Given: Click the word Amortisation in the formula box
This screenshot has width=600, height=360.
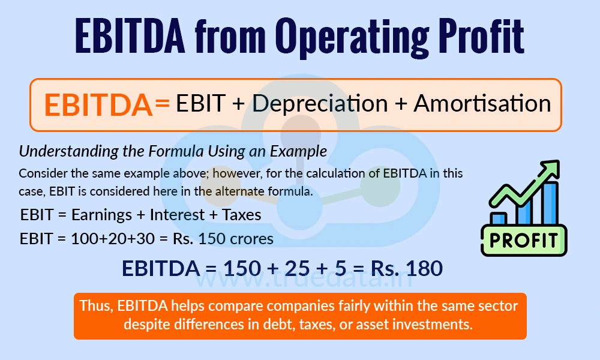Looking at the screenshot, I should click(x=482, y=104).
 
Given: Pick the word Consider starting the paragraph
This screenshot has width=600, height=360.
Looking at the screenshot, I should click(x=42, y=173).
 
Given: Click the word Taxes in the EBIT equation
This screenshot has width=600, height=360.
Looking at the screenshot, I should click(x=241, y=214).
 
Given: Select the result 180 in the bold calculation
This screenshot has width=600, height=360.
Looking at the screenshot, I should click(x=422, y=268).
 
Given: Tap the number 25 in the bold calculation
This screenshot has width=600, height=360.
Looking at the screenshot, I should click(x=293, y=268).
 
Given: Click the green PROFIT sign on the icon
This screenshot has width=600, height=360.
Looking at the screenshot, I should click(x=524, y=240).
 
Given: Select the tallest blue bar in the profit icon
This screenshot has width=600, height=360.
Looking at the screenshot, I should click(x=550, y=201).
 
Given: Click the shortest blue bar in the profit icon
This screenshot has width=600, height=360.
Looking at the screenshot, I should click(x=498, y=218).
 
